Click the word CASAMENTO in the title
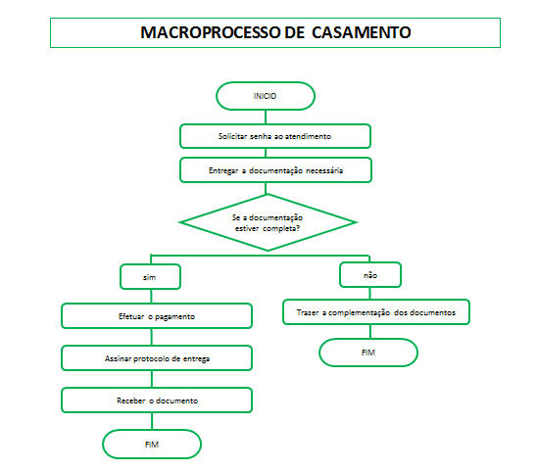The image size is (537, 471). [x=362, y=32]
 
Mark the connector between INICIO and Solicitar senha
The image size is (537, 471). [x=266, y=118]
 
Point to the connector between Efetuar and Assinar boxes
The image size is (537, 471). [x=152, y=337]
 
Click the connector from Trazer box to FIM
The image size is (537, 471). [x=370, y=331]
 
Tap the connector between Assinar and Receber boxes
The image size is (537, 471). [x=152, y=379]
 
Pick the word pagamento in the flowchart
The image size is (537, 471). [x=175, y=317]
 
